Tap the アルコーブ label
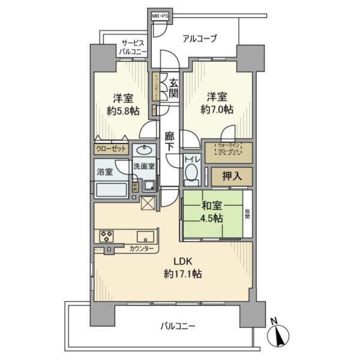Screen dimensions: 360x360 pyautogui.click(x=200, y=38)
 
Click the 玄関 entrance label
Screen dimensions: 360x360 pyautogui.click(x=173, y=88)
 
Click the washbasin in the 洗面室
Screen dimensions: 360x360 pyautogui.click(x=145, y=150)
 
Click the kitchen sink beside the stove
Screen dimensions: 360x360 pyautogui.click(x=145, y=235)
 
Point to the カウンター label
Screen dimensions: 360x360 pyautogui.click(x=142, y=248)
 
